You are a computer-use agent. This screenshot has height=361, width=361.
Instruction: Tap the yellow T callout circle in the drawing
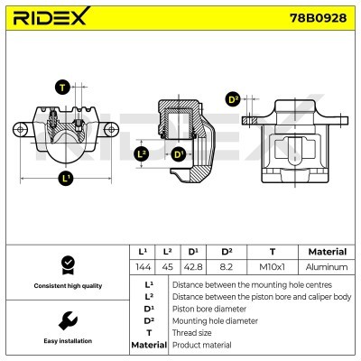pyautogui.click(x=61, y=88)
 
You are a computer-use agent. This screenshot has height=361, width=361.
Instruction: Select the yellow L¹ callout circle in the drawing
pyautogui.click(x=66, y=178)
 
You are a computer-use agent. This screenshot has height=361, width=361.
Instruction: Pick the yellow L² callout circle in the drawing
pyautogui.click(x=141, y=154)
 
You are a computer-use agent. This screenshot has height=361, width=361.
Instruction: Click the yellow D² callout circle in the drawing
pyautogui.click(x=232, y=99)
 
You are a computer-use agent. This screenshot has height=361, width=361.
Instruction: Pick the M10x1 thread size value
pyautogui.click(x=272, y=267)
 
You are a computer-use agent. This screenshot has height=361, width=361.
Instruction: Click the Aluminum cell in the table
pyautogui.click(x=327, y=267)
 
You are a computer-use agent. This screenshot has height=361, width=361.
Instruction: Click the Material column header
pyautogui.click(x=327, y=252)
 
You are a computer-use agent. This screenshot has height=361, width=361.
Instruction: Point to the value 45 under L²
pyautogui.click(x=168, y=267)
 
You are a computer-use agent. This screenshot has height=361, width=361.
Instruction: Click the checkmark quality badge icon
pyautogui.click(x=65, y=264)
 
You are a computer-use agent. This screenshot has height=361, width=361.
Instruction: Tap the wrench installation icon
pyautogui.click(x=65, y=320)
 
